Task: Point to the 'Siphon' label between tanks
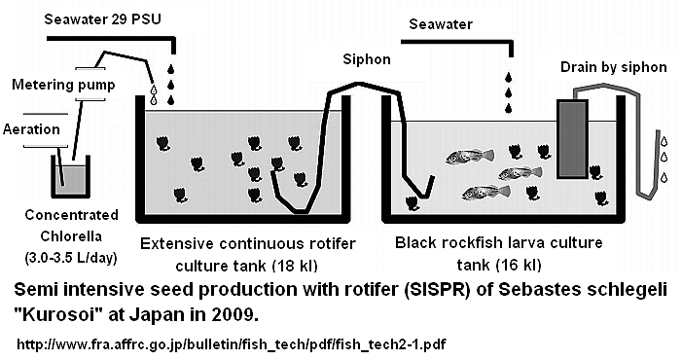(x=367, y=59)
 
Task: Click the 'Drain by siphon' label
(x=614, y=67)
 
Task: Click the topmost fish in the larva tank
(x=470, y=155)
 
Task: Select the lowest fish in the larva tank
(x=485, y=192)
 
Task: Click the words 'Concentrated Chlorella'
(x=59, y=226)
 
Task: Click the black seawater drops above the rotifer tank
(x=172, y=84)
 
